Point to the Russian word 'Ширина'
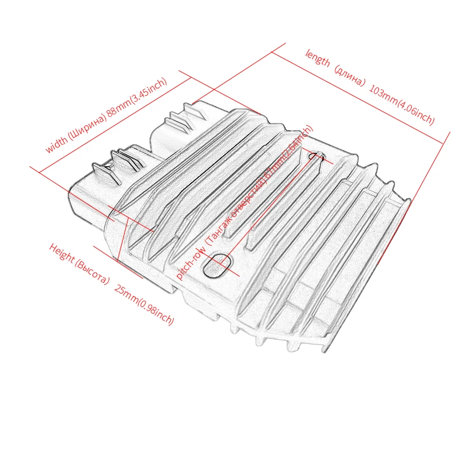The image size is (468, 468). point(87,125)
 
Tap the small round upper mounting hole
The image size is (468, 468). point(318,156)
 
